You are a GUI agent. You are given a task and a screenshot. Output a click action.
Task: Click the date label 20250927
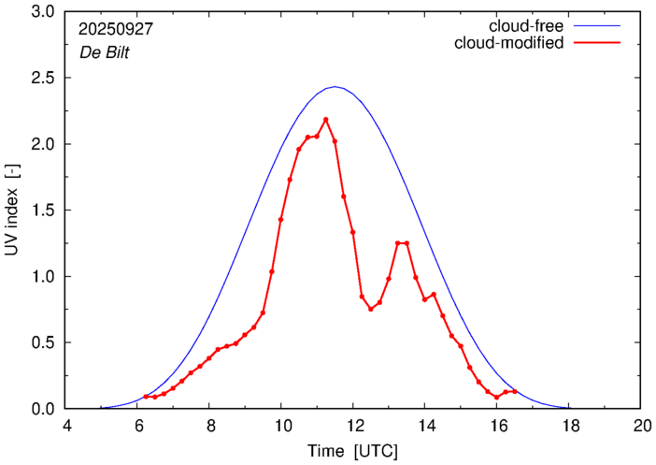pos(117,29)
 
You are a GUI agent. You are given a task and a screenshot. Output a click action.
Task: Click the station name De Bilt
pos(104,52)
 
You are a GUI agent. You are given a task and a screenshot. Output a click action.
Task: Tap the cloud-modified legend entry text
pos(508,43)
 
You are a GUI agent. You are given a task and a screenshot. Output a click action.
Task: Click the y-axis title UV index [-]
pos(12,211)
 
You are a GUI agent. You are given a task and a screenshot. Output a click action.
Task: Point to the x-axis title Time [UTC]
pos(353,451)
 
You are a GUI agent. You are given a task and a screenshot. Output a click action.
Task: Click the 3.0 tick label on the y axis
pos(44,13)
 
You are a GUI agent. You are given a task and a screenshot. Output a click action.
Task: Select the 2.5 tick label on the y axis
pos(44,79)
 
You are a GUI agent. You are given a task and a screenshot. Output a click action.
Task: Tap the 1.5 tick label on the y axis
pos(44,211)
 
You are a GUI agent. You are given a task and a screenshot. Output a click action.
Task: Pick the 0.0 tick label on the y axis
pos(44,409)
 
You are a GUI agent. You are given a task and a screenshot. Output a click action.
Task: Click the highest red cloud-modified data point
pos(325,120)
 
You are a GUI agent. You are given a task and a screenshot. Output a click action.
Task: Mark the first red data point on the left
pos(146,397)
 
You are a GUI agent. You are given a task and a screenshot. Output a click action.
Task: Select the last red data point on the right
pos(515,392)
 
